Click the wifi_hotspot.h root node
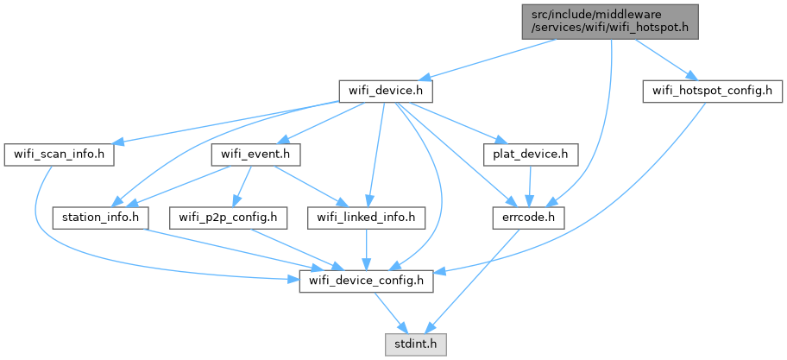tap(610, 20)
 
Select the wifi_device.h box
tap(384, 91)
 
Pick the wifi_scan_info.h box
tap(60, 155)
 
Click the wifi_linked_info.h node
tap(368, 218)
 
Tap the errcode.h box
tap(529, 218)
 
